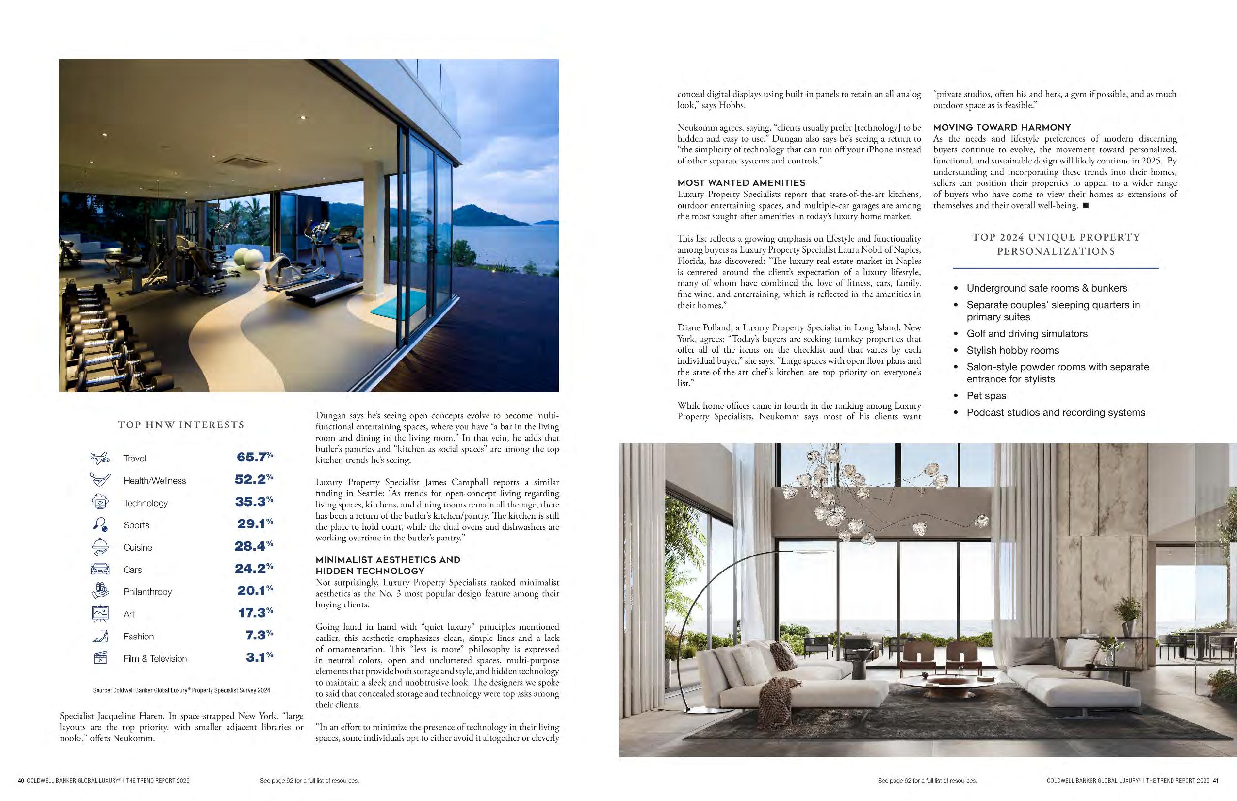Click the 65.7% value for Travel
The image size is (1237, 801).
(254, 457)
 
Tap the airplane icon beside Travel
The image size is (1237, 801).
(100, 458)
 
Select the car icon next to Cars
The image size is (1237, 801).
(100, 569)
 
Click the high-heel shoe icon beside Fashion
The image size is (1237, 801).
(100, 636)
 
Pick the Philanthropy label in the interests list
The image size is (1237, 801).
(147, 591)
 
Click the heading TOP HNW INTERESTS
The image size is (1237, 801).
(181, 425)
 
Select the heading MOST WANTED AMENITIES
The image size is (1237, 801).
(741, 183)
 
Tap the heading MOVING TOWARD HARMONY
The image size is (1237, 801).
(1002, 127)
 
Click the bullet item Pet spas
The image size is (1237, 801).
(986, 395)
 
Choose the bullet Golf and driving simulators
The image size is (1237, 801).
(1026, 334)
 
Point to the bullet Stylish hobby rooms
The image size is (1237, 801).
(1012, 350)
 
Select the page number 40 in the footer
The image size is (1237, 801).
(21, 780)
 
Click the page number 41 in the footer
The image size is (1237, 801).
(1216, 780)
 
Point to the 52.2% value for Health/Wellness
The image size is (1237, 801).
(254, 479)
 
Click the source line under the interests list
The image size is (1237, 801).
(181, 690)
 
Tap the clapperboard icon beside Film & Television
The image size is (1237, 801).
(100, 658)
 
